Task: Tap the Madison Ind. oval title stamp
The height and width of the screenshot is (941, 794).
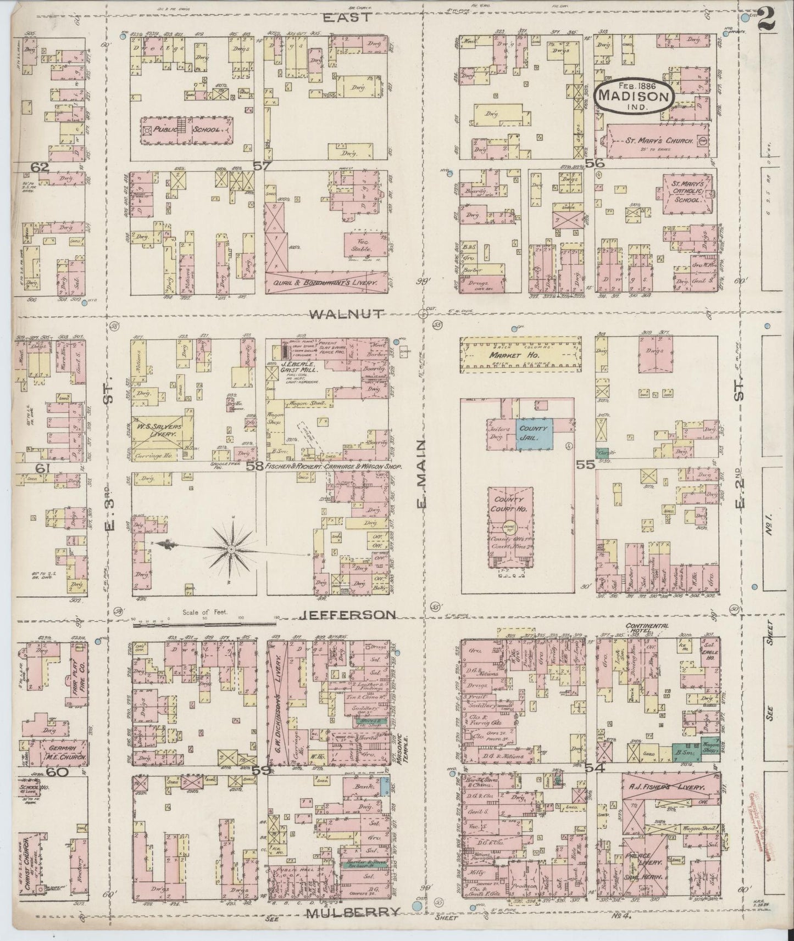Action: tap(634, 96)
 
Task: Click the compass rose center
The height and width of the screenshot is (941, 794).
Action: tap(231, 548)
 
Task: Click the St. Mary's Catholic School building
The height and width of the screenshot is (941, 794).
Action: tap(687, 192)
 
